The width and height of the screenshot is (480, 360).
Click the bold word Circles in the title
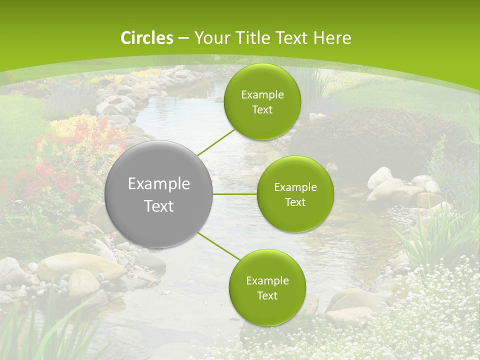pos(147,38)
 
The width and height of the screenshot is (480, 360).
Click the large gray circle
pos(159,194)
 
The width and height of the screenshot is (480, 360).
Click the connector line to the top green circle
pos(216,142)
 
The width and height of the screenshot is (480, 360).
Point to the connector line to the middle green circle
pos(235,194)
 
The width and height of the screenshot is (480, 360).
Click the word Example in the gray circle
pos(159,184)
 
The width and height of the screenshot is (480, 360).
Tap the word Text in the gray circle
pos(159,206)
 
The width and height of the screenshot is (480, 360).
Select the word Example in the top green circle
pos(262,95)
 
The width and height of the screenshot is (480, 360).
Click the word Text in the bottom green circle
pos(267,295)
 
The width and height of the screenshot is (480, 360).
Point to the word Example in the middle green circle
pos(295,187)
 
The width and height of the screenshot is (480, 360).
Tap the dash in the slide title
pos(183,38)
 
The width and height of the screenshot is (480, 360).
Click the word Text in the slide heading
pos(291,38)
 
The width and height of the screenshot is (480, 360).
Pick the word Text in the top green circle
pos(262,110)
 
